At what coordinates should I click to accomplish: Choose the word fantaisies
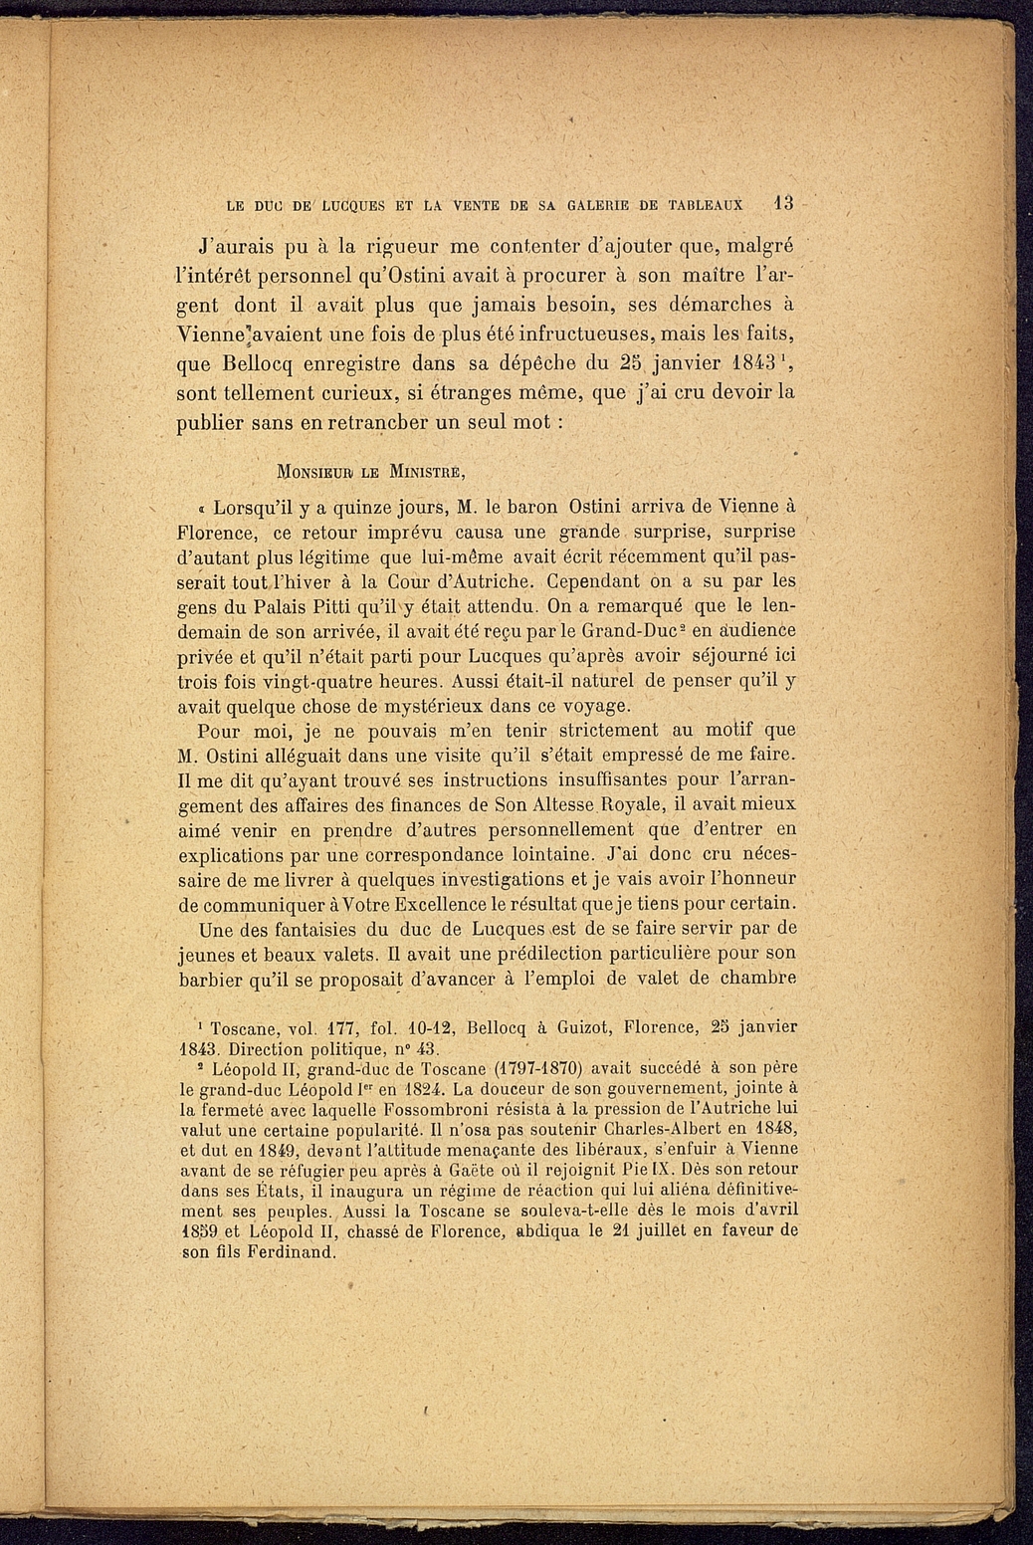298,930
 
